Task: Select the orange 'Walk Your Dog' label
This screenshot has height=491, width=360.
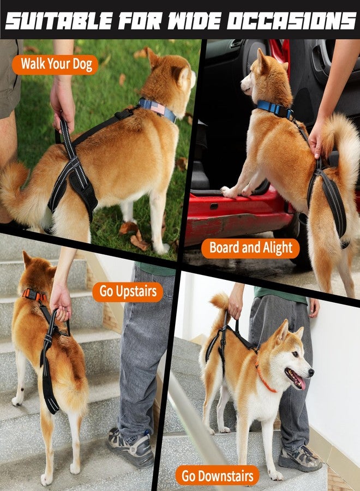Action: pos(55,64)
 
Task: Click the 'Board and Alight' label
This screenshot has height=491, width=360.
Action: pos(250,248)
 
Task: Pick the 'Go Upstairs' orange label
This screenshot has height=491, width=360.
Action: pos(128,291)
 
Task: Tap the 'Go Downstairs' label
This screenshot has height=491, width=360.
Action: pos(218,475)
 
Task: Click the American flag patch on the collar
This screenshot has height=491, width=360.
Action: pos(158,108)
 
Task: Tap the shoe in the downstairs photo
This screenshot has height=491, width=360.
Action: pos(299,458)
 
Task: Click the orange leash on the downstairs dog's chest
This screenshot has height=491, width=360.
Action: pos(265,380)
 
